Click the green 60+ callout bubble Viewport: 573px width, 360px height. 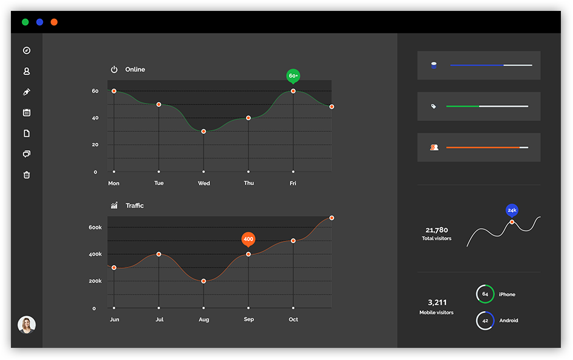(x=293, y=76)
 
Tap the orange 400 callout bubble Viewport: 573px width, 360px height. (x=248, y=239)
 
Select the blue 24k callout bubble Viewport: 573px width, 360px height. (x=512, y=210)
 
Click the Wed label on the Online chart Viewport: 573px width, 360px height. (x=204, y=183)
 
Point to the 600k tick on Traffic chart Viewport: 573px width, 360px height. (x=96, y=227)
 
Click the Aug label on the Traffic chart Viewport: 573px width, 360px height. (x=203, y=319)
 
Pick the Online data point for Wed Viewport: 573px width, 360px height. (x=203, y=131)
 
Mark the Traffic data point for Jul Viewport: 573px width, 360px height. (x=159, y=254)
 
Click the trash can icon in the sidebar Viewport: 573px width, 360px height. (x=27, y=175)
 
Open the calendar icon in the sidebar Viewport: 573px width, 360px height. (x=27, y=113)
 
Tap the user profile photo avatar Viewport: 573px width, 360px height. (x=27, y=325)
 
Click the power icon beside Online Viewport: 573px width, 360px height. (x=114, y=70)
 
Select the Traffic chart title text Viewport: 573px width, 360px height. (x=135, y=206)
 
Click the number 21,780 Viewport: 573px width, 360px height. (x=436, y=230)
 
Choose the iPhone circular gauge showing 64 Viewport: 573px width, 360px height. (x=485, y=294)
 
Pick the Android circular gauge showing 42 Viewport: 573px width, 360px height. (x=485, y=321)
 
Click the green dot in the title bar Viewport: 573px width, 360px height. (x=25, y=22)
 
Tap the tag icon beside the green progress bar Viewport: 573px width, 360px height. (x=433, y=106)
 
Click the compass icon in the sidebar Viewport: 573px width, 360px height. (x=27, y=51)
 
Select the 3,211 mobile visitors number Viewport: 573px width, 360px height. (x=437, y=303)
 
